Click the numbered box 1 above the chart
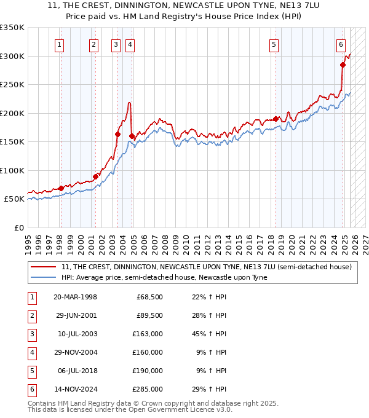click(x=60, y=44)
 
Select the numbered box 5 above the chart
click(x=274, y=44)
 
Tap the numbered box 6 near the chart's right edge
click(x=341, y=44)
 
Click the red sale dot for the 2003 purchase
click(x=117, y=134)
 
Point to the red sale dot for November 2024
click(x=343, y=65)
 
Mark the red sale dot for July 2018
click(x=276, y=119)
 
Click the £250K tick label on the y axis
click(x=12, y=85)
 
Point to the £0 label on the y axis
click(x=18, y=227)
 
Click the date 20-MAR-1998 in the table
click(x=75, y=297)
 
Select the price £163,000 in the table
click(x=149, y=334)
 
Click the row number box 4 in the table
click(x=31, y=352)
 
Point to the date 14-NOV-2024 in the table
click(x=75, y=389)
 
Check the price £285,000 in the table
click(x=149, y=389)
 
